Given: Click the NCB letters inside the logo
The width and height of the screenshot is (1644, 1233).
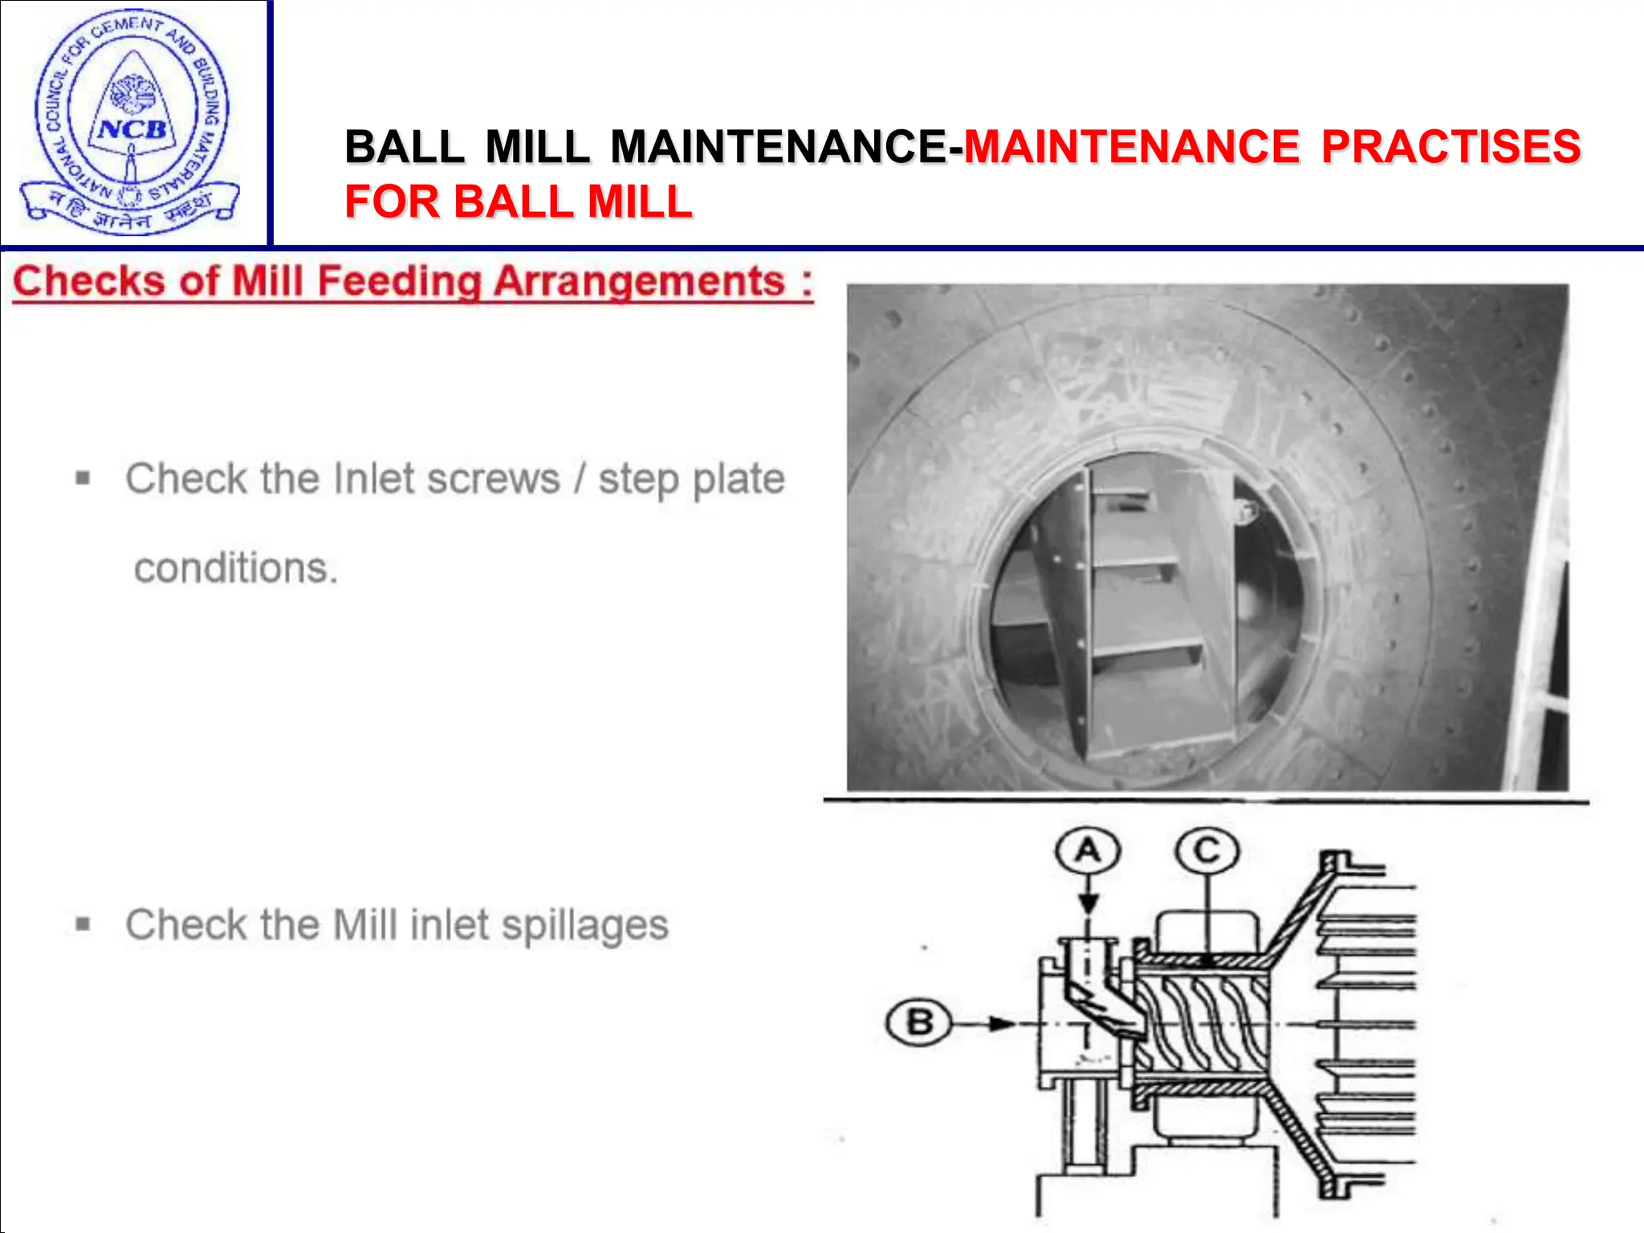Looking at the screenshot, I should (132, 129).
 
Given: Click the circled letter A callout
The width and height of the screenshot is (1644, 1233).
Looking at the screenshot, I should (1088, 850).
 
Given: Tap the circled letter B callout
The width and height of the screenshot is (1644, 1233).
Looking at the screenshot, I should (919, 1023).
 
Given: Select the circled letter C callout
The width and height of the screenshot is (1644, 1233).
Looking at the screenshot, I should (1207, 850).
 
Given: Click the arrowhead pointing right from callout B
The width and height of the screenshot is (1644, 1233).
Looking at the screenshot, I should (1000, 1023).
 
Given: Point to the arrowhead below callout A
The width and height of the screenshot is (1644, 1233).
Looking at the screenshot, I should (1088, 904).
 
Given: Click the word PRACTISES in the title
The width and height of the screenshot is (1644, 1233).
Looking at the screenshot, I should (1451, 147).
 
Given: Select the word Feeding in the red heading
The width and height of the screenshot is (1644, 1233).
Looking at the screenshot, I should (400, 282).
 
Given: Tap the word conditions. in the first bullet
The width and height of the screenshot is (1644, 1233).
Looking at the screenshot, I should (236, 568).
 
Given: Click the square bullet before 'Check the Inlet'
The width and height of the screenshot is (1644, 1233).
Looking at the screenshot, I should (83, 479).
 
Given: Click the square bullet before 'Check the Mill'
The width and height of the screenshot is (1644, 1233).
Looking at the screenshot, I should (83, 925).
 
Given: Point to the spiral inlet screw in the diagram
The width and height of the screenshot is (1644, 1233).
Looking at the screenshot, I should (1204, 1024).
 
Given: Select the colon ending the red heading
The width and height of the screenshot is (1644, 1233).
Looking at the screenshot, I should (806, 282).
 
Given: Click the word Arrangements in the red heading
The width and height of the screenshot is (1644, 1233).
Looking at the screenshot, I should (639, 282).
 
